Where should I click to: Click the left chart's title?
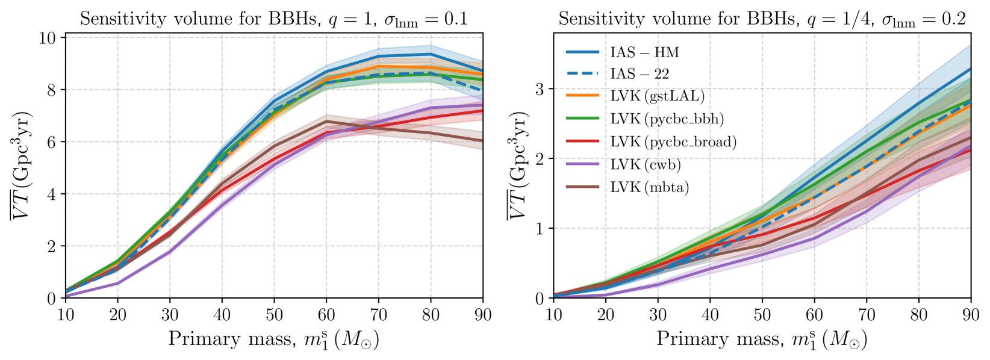coord(274,19)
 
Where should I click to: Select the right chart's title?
coord(762,19)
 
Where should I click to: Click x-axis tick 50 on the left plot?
coord(274,315)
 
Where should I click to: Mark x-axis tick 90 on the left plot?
coord(483,315)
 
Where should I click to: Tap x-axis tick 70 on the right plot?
coord(867,315)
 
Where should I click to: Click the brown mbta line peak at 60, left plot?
coord(326,122)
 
